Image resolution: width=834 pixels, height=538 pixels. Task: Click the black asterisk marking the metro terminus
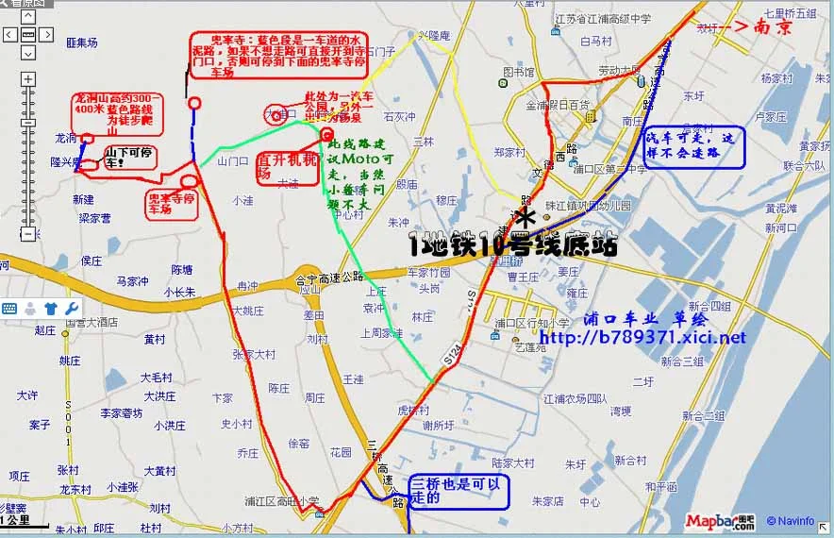point(526,217)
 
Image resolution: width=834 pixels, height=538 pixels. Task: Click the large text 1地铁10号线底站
point(513,246)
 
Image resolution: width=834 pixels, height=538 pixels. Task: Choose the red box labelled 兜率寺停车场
point(172,203)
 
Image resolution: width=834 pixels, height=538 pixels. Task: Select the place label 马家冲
point(132,281)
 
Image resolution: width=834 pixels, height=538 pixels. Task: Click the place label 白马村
point(596,42)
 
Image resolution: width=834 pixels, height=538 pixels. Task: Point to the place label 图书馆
point(519,73)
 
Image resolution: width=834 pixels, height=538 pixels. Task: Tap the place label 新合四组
point(709,307)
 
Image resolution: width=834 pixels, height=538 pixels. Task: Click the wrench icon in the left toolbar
point(71,309)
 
